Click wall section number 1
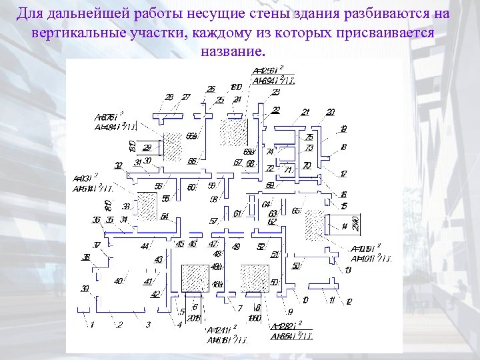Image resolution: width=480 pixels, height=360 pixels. (x=92, y=325)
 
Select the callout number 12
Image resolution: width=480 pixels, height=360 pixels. (x=349, y=301)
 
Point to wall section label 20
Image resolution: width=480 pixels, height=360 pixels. (x=331, y=112)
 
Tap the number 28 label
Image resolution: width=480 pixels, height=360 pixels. (x=169, y=97)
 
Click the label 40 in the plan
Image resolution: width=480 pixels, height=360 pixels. (x=118, y=281)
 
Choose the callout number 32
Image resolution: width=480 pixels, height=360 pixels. (x=118, y=166)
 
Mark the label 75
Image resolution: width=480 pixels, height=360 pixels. (x=309, y=137)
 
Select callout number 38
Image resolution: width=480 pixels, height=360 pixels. (x=86, y=257)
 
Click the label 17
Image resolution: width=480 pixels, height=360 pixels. (x=343, y=175)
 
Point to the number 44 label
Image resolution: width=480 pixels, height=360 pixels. (x=144, y=247)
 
